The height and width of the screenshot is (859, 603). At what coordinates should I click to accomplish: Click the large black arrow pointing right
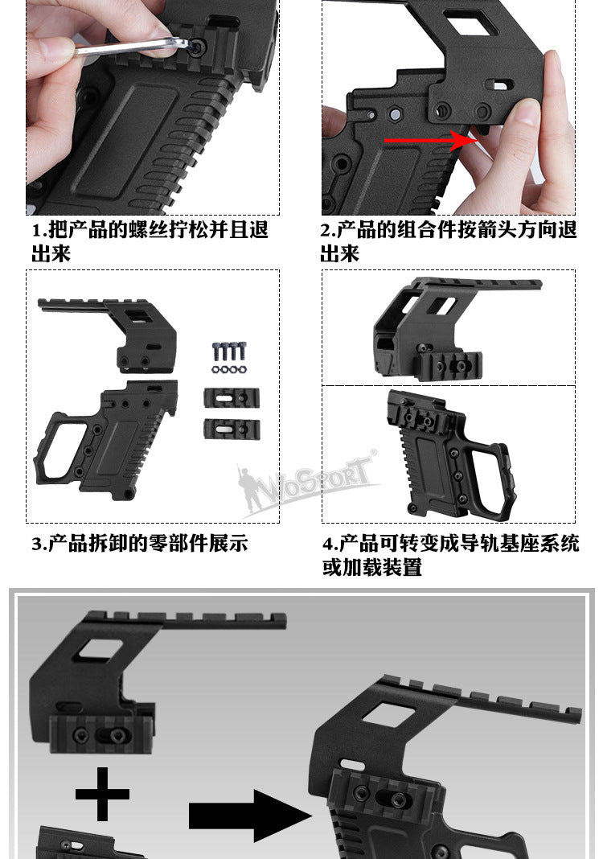pos(250,816)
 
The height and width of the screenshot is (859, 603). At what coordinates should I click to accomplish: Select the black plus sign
pos(102,794)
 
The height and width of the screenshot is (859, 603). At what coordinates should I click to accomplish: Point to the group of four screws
pos(229,351)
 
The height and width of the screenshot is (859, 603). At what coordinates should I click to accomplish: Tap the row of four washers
pos(228,370)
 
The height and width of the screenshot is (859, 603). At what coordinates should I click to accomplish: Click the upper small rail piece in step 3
pos(232,397)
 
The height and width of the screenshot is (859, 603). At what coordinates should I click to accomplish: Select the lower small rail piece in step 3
pos(232,429)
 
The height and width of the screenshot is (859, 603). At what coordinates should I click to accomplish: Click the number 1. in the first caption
pos(39,231)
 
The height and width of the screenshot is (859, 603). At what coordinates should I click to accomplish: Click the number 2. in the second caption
pos(328,231)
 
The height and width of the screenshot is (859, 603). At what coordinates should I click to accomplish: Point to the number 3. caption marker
pos(39,544)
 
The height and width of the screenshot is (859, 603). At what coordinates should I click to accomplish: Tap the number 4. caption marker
pos(330,544)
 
